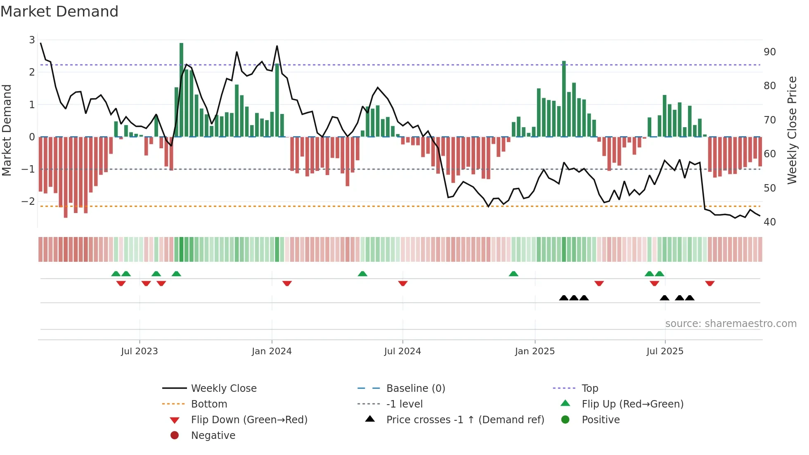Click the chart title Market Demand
pyautogui.click(x=59, y=12)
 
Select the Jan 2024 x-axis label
pyautogui.click(x=272, y=351)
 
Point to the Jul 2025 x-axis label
pyautogui.click(x=665, y=351)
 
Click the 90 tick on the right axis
pyautogui.click(x=769, y=52)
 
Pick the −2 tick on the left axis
pyautogui.click(x=28, y=201)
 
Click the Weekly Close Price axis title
pyautogui.click(x=792, y=130)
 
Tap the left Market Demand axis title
pyautogui.click(x=7, y=130)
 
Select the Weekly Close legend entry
pyautogui.click(x=223, y=389)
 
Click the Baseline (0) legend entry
pyautogui.click(x=415, y=389)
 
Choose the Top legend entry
pyautogui.click(x=589, y=389)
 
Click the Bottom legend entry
pyautogui.click(x=209, y=404)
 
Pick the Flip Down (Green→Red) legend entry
pyautogui.click(x=249, y=420)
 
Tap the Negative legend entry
pyautogui.click(x=213, y=436)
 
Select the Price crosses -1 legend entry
pyautogui.click(x=465, y=420)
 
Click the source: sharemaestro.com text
pyautogui.click(x=731, y=324)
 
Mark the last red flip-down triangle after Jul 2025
pyautogui.click(x=710, y=283)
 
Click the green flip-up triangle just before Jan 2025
pyautogui.click(x=513, y=274)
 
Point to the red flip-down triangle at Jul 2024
pyautogui.click(x=403, y=283)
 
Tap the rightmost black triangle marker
pyautogui.click(x=690, y=298)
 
